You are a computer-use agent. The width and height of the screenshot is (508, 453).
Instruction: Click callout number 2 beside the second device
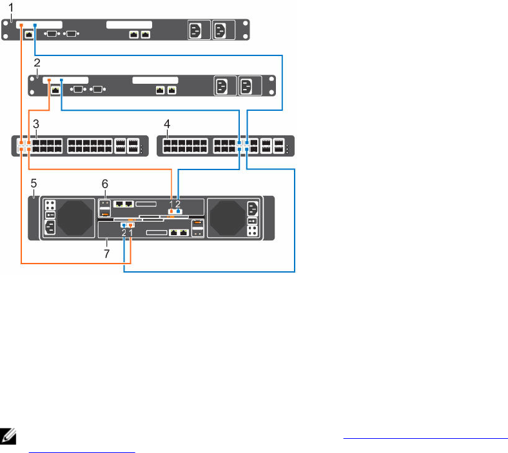[x=37, y=63]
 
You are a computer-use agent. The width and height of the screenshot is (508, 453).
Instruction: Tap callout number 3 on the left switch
[x=37, y=122]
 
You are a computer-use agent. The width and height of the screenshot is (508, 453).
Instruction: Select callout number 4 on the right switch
[x=167, y=122]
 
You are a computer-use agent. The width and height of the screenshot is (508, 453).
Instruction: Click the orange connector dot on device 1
[x=21, y=25]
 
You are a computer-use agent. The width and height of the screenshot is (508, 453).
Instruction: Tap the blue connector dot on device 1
[x=35, y=25]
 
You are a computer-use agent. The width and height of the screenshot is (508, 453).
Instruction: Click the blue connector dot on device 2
[x=61, y=81]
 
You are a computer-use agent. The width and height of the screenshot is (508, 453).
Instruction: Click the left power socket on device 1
[x=196, y=30]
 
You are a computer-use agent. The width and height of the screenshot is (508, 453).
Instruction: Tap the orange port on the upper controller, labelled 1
[x=171, y=210]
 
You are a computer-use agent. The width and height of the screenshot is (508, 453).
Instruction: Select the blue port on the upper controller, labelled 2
[x=179, y=210]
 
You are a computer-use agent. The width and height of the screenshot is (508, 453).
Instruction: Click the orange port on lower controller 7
[x=131, y=225]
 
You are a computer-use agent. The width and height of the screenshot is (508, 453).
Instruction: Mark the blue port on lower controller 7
[x=123, y=225]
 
